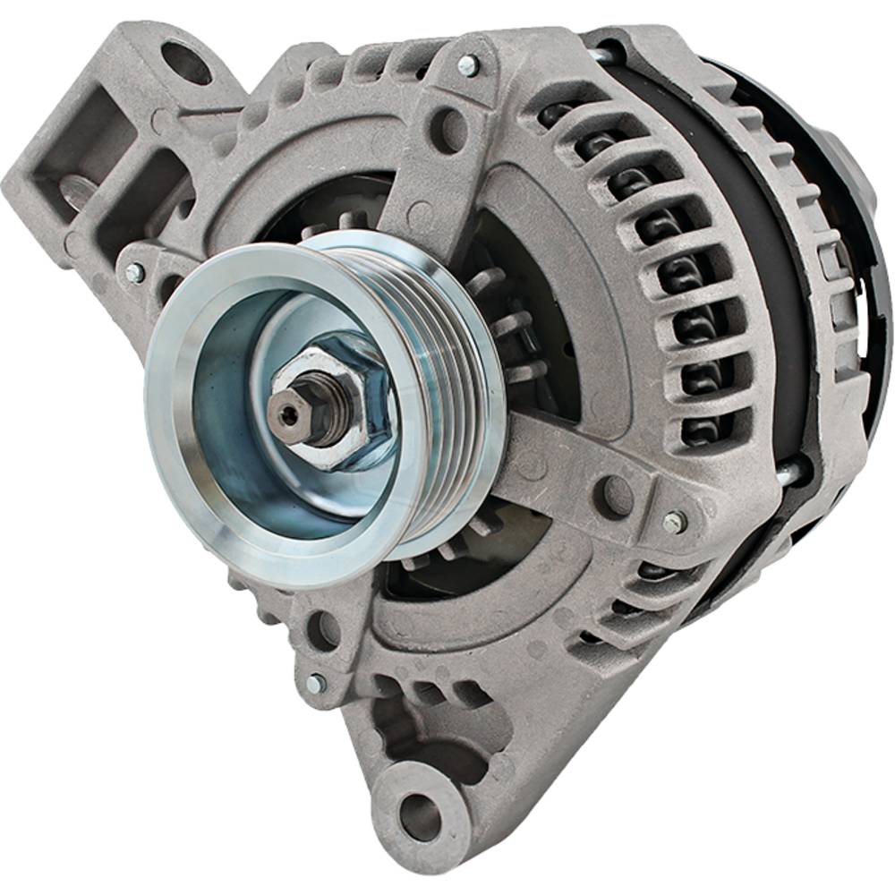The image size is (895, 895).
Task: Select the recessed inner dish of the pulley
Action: pyautogui.click(x=242, y=465)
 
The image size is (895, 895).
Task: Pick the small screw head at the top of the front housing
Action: pyautogui.click(x=467, y=65)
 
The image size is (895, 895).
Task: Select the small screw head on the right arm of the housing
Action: pyautogui.click(x=674, y=522)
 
